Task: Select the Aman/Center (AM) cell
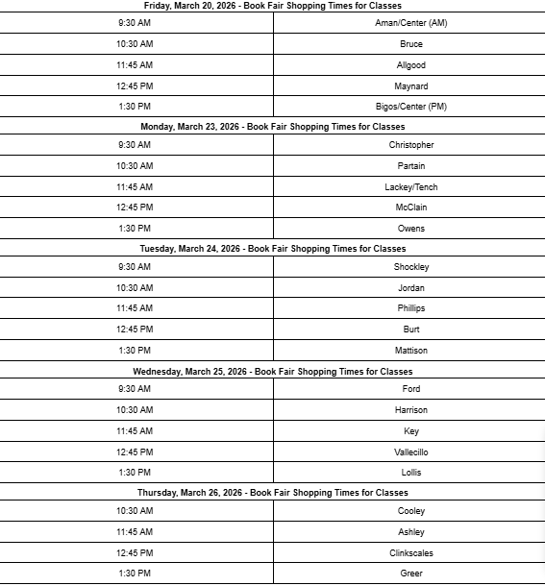click(x=410, y=23)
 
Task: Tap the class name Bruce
click(x=410, y=44)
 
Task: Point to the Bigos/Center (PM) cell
click(x=410, y=107)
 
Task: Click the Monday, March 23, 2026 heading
click(x=273, y=126)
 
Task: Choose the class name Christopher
click(x=410, y=145)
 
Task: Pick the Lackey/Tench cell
click(x=410, y=187)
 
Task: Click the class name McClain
click(x=410, y=208)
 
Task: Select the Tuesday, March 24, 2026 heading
click(x=273, y=248)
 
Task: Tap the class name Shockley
click(x=410, y=267)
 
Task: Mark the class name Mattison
click(x=410, y=351)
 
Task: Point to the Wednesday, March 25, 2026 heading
click(x=273, y=371)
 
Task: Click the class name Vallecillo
click(x=410, y=452)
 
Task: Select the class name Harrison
click(x=410, y=410)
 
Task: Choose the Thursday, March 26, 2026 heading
click(x=273, y=493)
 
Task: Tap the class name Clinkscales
click(x=410, y=553)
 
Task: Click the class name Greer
click(x=410, y=574)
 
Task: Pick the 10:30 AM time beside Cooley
click(x=135, y=511)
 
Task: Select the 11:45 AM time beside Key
click(x=135, y=431)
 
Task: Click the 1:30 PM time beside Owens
click(x=135, y=229)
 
